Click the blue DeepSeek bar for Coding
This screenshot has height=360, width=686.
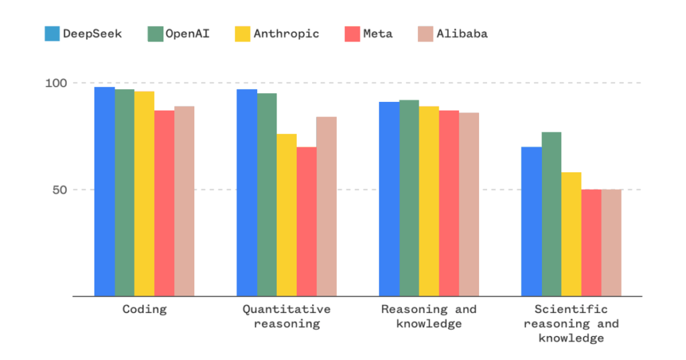pos(104,191)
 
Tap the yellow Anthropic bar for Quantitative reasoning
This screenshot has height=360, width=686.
pos(287,215)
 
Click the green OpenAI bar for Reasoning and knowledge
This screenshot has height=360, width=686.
pos(409,198)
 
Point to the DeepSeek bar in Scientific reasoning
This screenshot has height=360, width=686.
pos(531,221)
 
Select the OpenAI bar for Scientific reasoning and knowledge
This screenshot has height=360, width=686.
pos(551,214)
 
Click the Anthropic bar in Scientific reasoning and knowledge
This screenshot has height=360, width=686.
pos(571,234)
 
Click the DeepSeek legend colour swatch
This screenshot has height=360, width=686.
pos(52,34)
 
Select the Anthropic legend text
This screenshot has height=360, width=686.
pos(286,34)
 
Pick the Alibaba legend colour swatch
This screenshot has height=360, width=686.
pos(425,34)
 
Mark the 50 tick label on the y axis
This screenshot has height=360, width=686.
pos(60,190)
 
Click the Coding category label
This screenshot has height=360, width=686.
pos(144,310)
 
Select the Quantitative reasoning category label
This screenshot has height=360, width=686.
pos(286,316)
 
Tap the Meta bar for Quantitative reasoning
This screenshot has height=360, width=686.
pos(307,221)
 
